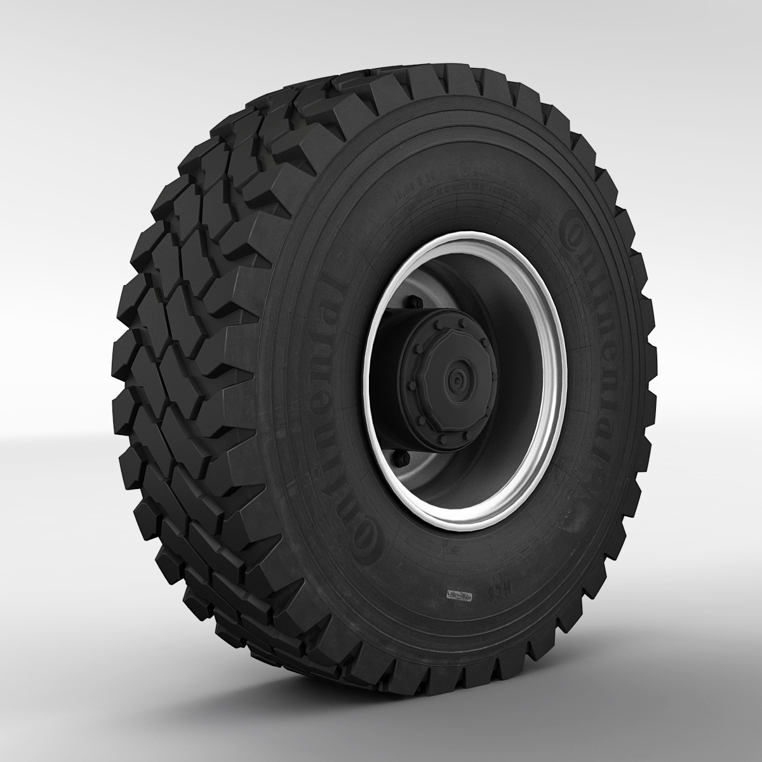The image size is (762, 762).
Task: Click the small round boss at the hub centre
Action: coord(455,379)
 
